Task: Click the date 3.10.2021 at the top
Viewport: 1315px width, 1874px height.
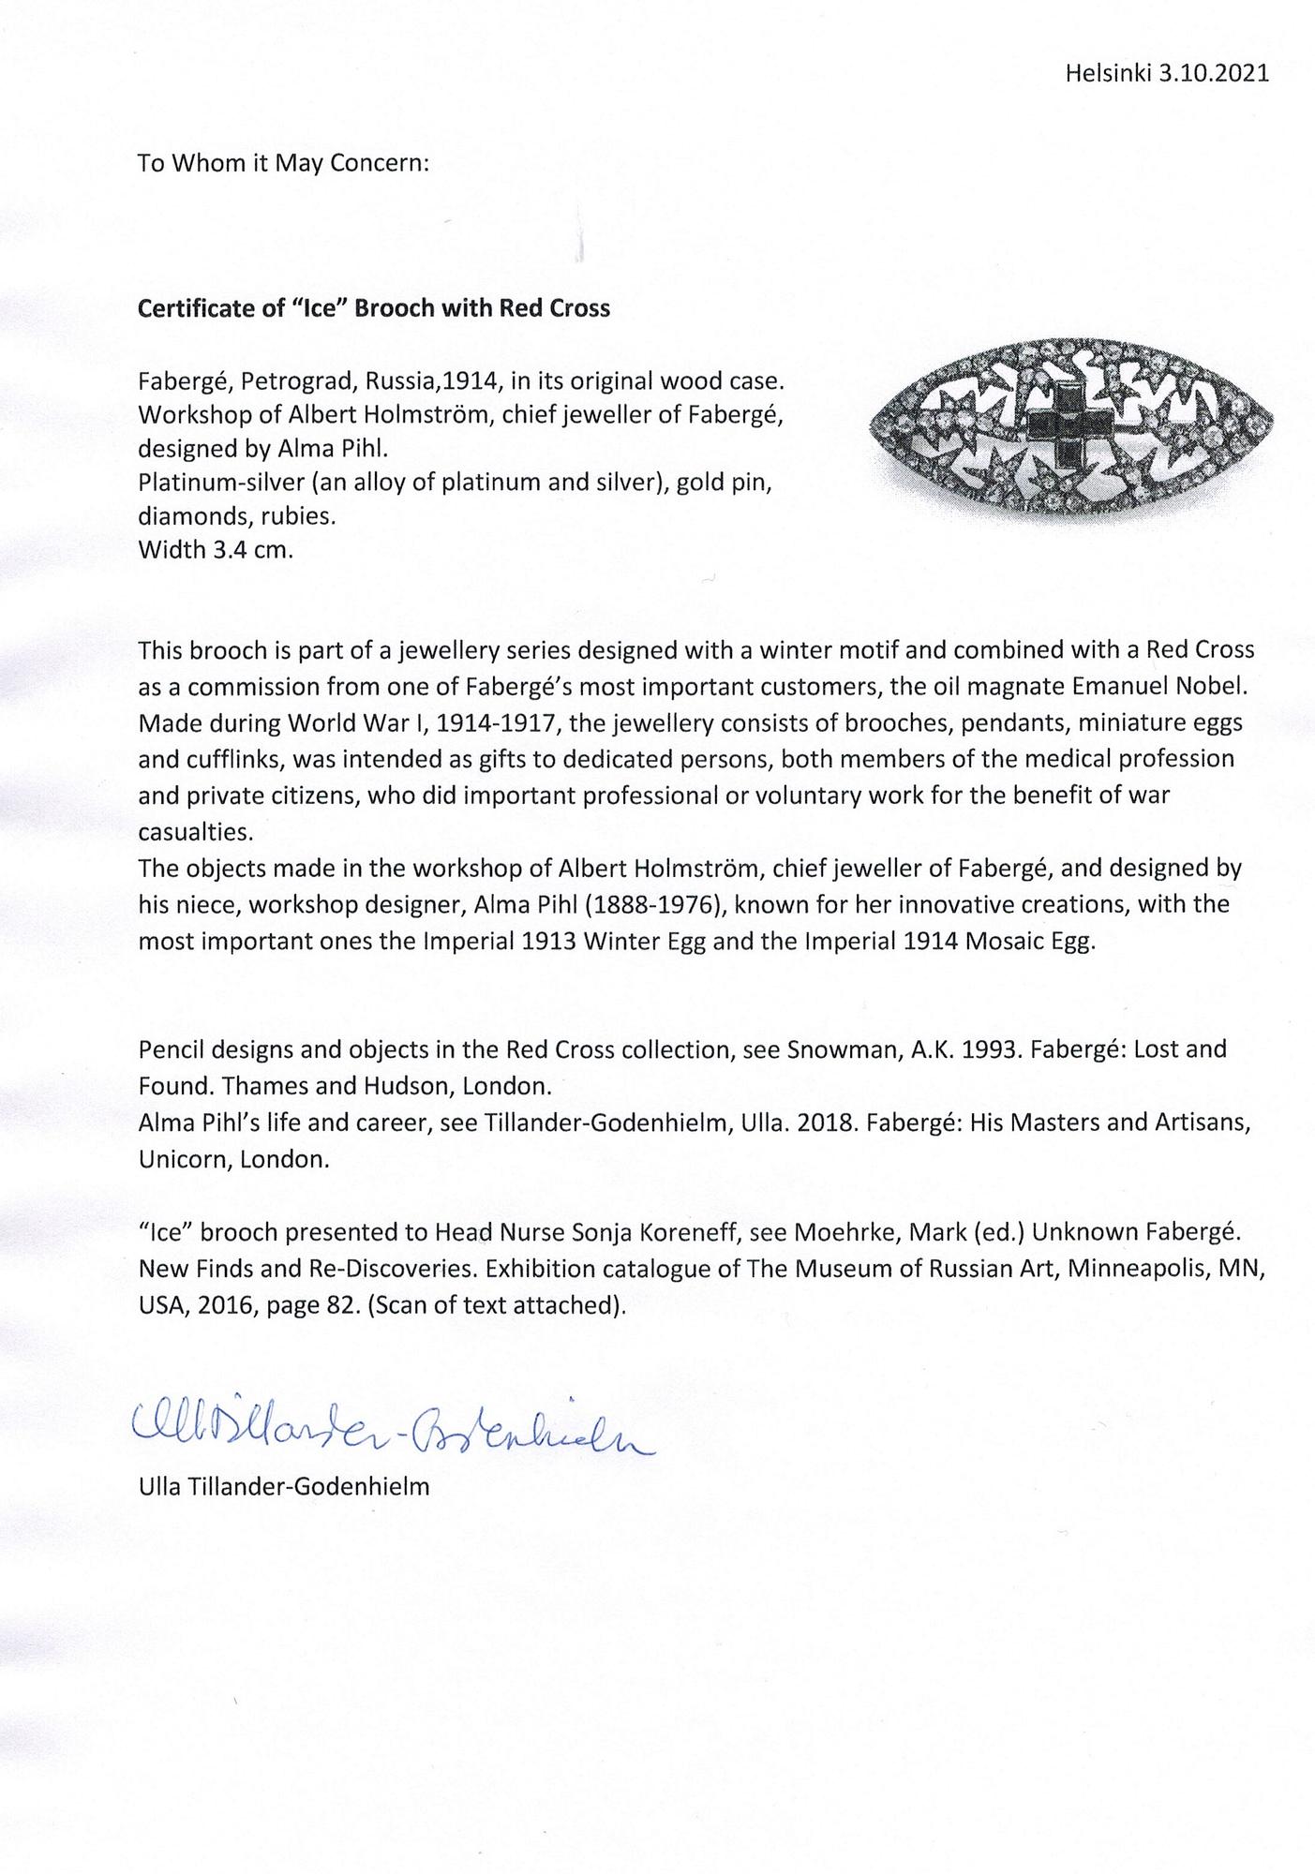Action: (x=1214, y=74)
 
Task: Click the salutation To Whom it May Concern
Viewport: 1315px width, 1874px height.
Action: (x=283, y=163)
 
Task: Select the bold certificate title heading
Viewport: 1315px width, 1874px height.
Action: (x=373, y=308)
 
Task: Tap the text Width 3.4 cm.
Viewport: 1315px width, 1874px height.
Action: (x=216, y=549)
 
